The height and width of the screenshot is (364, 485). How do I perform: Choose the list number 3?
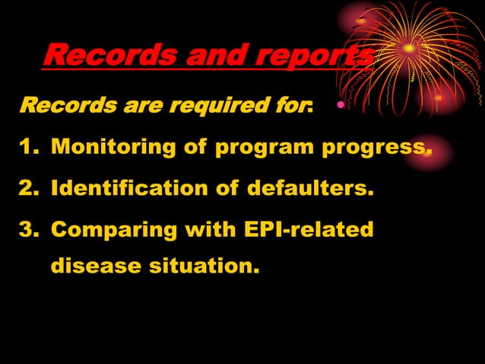point(29,228)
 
